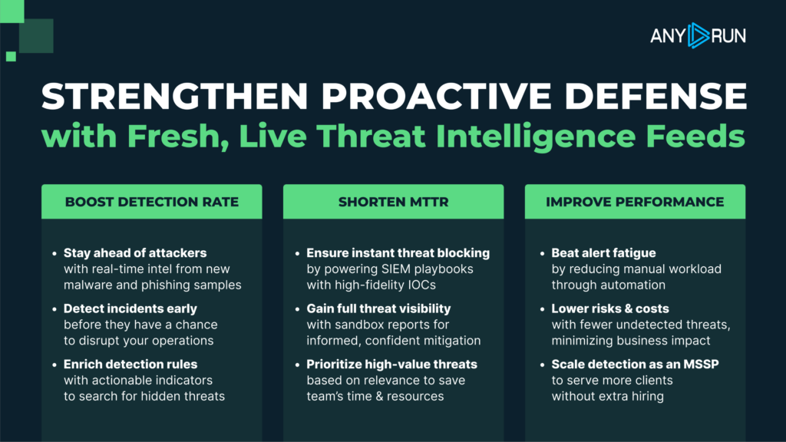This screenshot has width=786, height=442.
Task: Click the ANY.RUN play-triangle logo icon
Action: click(698, 35)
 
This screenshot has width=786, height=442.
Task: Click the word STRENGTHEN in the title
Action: click(175, 96)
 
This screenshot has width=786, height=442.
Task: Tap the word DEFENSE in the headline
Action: click(656, 96)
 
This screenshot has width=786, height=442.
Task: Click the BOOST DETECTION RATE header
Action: click(152, 202)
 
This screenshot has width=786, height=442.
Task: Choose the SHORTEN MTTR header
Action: click(394, 202)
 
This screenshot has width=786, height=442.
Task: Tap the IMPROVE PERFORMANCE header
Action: click(635, 202)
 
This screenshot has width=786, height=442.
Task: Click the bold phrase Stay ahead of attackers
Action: click(135, 253)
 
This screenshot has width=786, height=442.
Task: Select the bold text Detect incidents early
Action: click(130, 308)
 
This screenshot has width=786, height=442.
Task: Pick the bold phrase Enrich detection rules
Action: click(130, 364)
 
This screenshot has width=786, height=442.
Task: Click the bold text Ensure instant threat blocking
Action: click(398, 253)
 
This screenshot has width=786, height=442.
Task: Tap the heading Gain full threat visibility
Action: click(378, 308)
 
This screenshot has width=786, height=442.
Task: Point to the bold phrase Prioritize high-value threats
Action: click(392, 364)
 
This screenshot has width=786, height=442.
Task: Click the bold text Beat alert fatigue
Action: click(603, 253)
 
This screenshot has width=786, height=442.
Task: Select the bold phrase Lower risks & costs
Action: click(610, 308)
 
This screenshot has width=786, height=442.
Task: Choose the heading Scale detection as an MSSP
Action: click(635, 364)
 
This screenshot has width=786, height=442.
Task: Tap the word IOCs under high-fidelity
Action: click(421, 285)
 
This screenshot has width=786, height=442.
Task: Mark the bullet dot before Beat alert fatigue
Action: click(543, 253)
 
